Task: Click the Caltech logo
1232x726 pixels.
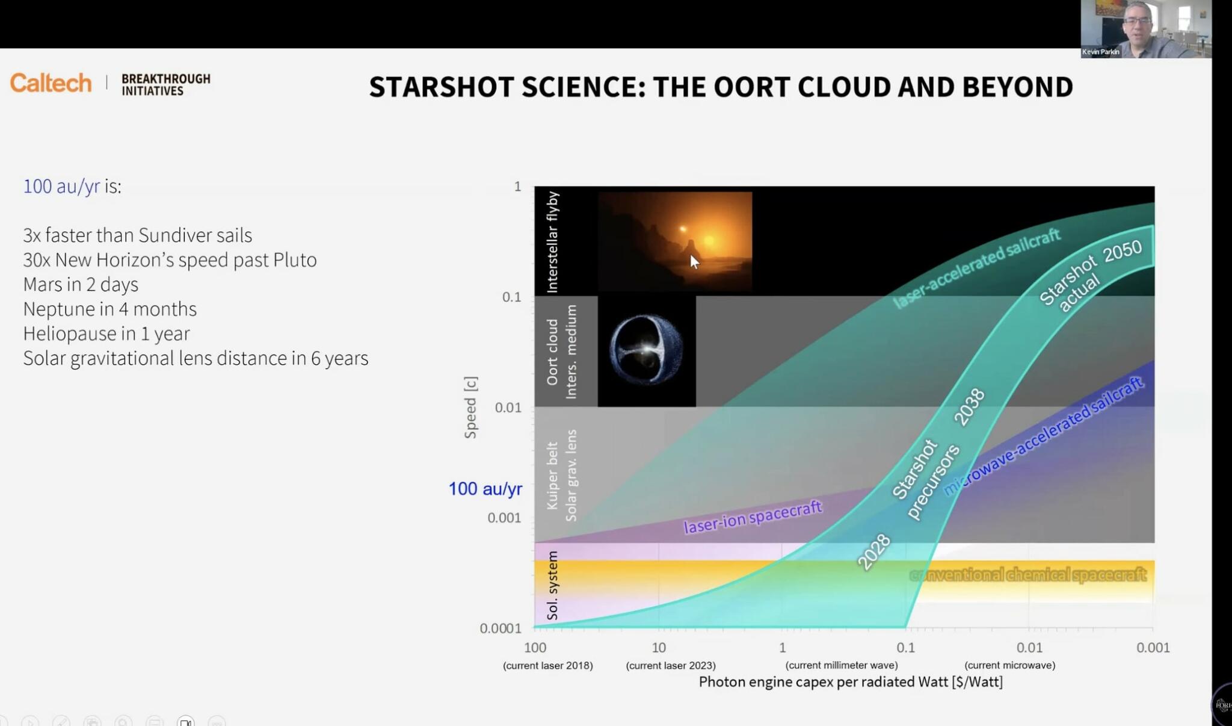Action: [51, 83]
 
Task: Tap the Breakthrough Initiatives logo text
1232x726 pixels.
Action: [165, 85]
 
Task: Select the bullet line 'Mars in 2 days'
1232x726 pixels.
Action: [81, 284]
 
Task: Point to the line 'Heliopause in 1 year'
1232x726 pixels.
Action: [106, 334]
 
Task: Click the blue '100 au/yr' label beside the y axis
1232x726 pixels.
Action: [485, 489]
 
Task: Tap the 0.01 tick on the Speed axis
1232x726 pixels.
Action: [508, 408]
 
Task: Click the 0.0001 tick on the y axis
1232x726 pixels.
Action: [500, 628]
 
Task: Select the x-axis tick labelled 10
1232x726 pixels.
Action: [659, 648]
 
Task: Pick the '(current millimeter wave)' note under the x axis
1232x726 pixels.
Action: [841, 665]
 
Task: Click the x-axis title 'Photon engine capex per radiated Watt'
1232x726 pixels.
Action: [850, 682]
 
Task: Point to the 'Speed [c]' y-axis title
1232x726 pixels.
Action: [471, 408]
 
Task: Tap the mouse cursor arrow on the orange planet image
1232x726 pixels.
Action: [694, 261]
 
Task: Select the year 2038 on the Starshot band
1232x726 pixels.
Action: [969, 408]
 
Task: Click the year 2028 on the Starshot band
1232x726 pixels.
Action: [873, 552]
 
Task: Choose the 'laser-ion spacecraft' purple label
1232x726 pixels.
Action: [753, 517]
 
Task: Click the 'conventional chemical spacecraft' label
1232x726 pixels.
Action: [1027, 575]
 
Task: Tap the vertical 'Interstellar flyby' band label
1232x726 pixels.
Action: [552, 242]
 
